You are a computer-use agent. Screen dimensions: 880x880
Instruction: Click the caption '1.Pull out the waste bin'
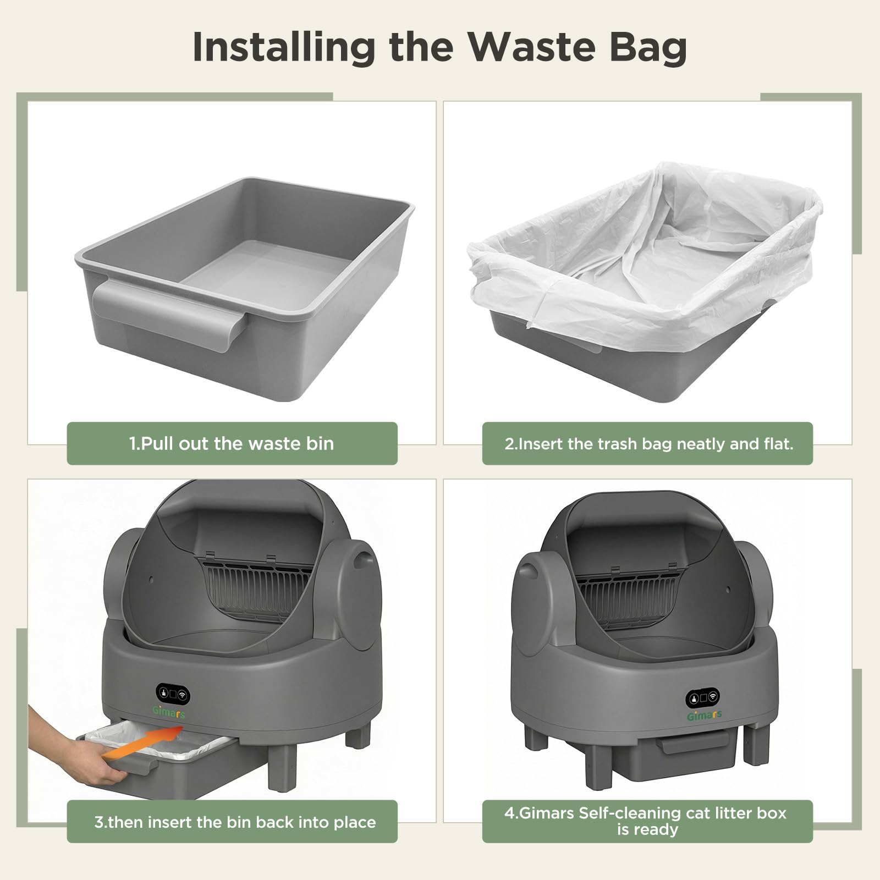click(232, 443)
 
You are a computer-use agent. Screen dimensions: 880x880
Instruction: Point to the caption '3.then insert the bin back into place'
click(235, 822)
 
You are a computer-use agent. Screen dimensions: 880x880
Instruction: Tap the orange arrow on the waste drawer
click(142, 740)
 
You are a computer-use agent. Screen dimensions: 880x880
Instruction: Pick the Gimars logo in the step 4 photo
click(703, 716)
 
